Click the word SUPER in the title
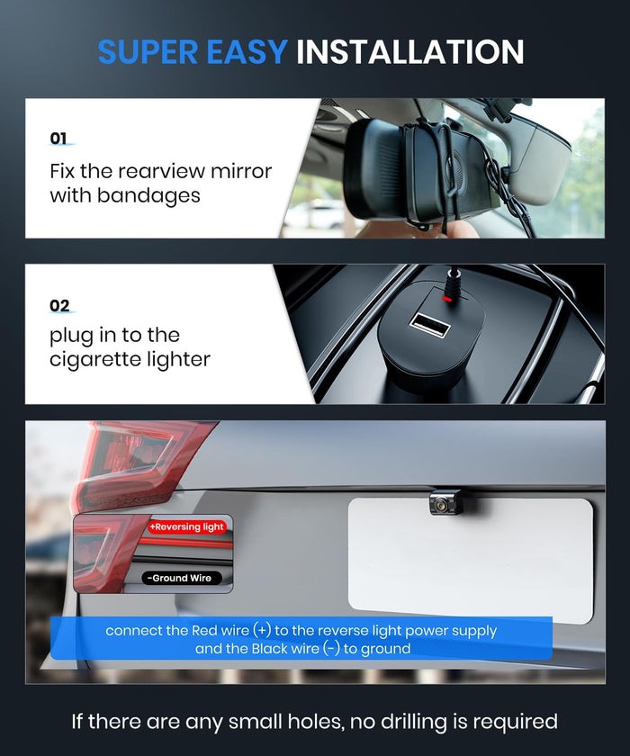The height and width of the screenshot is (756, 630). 148,52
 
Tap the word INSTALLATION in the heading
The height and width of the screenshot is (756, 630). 409,52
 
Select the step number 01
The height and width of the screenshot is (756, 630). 58,139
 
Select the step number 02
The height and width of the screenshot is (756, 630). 59,306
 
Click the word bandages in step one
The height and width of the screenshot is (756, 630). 148,196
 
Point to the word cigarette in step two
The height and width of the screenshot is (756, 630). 94,360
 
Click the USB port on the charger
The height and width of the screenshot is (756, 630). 429,323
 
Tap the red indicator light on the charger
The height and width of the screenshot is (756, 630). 446,299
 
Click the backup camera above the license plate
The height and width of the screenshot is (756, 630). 445,503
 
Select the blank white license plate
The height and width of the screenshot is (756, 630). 471,560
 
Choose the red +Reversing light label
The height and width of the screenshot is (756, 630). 186,527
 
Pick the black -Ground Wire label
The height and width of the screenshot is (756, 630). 181,578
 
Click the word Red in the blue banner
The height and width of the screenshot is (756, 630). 204,631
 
